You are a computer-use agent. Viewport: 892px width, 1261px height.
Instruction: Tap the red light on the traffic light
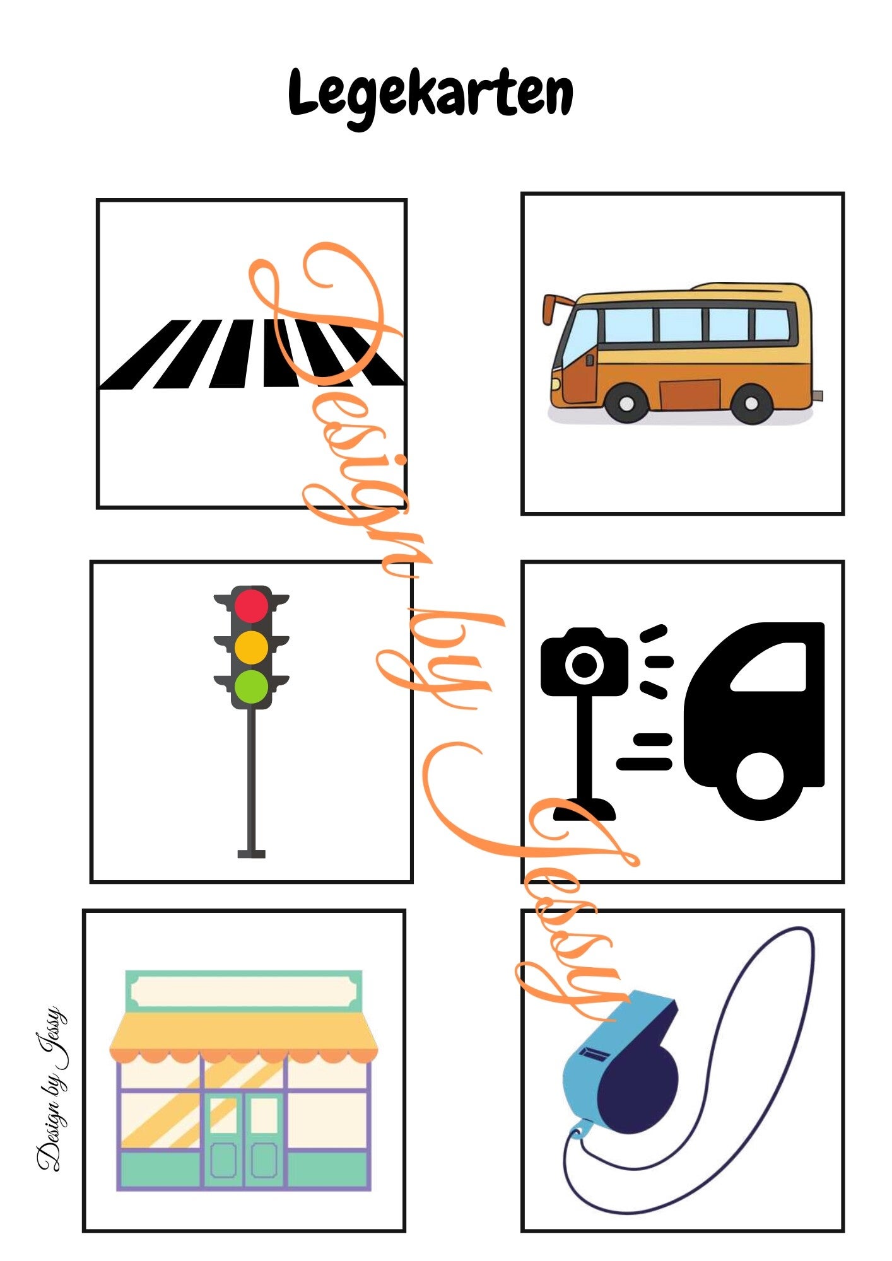coord(251,607)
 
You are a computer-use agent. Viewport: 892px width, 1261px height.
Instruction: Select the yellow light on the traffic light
coord(251,647)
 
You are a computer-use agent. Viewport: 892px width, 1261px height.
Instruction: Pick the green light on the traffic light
coord(251,687)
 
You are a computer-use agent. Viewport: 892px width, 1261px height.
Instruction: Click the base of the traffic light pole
coord(251,854)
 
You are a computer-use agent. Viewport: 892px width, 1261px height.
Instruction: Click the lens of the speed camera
coord(584,664)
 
